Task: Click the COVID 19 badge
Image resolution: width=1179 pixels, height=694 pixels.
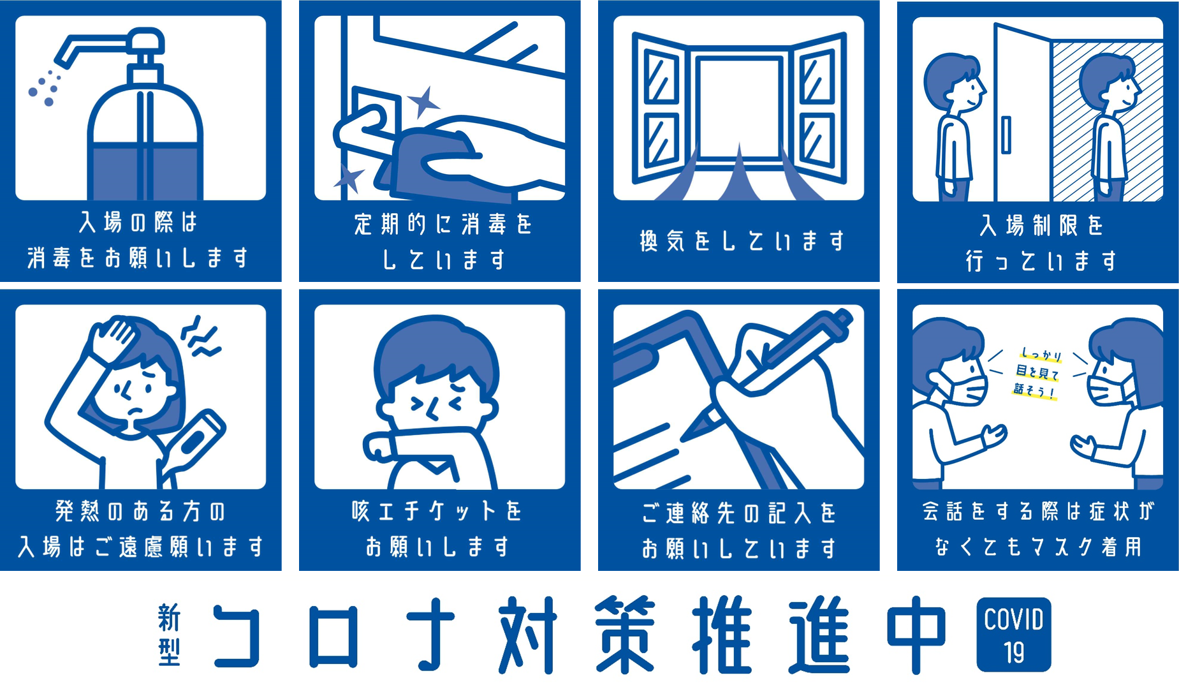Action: click(x=1013, y=635)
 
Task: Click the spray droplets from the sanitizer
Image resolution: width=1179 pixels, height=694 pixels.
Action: click(x=43, y=87)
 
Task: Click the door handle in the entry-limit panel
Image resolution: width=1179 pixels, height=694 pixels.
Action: click(x=1006, y=135)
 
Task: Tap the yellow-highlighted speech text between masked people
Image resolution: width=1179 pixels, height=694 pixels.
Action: click(x=1036, y=373)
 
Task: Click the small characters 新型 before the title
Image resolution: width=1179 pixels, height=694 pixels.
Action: click(x=169, y=635)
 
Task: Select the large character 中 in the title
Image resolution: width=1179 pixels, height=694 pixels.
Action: click(x=916, y=634)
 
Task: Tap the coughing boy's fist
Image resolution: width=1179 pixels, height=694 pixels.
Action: click(x=380, y=447)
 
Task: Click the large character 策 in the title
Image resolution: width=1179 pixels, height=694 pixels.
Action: click(x=625, y=634)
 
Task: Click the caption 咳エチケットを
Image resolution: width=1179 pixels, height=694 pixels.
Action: click(x=437, y=511)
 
